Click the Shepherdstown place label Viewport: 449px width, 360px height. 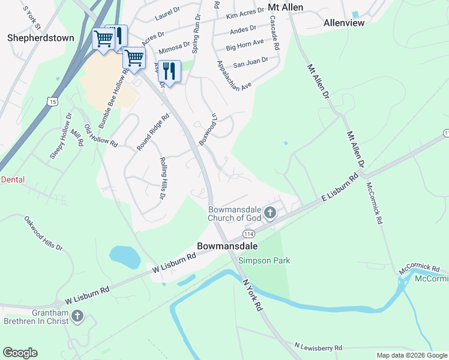point(41,38)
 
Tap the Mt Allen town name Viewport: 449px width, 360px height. point(285,7)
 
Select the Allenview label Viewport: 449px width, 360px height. point(344,23)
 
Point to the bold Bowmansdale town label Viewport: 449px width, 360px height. point(228,246)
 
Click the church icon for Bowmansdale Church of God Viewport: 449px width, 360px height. point(270,212)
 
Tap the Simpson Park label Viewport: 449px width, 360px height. point(264,260)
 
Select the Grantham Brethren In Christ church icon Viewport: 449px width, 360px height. point(76,316)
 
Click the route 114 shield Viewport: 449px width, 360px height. point(249,233)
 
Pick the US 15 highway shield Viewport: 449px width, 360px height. point(53,102)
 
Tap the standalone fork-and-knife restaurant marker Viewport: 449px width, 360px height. point(169,71)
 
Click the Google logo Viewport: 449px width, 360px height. point(20,353)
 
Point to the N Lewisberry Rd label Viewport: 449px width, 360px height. point(318,347)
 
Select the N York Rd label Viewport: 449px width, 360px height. point(252,295)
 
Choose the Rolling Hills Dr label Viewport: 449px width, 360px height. point(162,178)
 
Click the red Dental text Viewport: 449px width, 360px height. point(13,179)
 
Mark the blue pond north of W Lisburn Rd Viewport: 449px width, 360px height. point(125,257)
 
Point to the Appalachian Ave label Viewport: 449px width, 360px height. point(234,76)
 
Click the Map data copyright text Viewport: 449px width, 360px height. point(411,355)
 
